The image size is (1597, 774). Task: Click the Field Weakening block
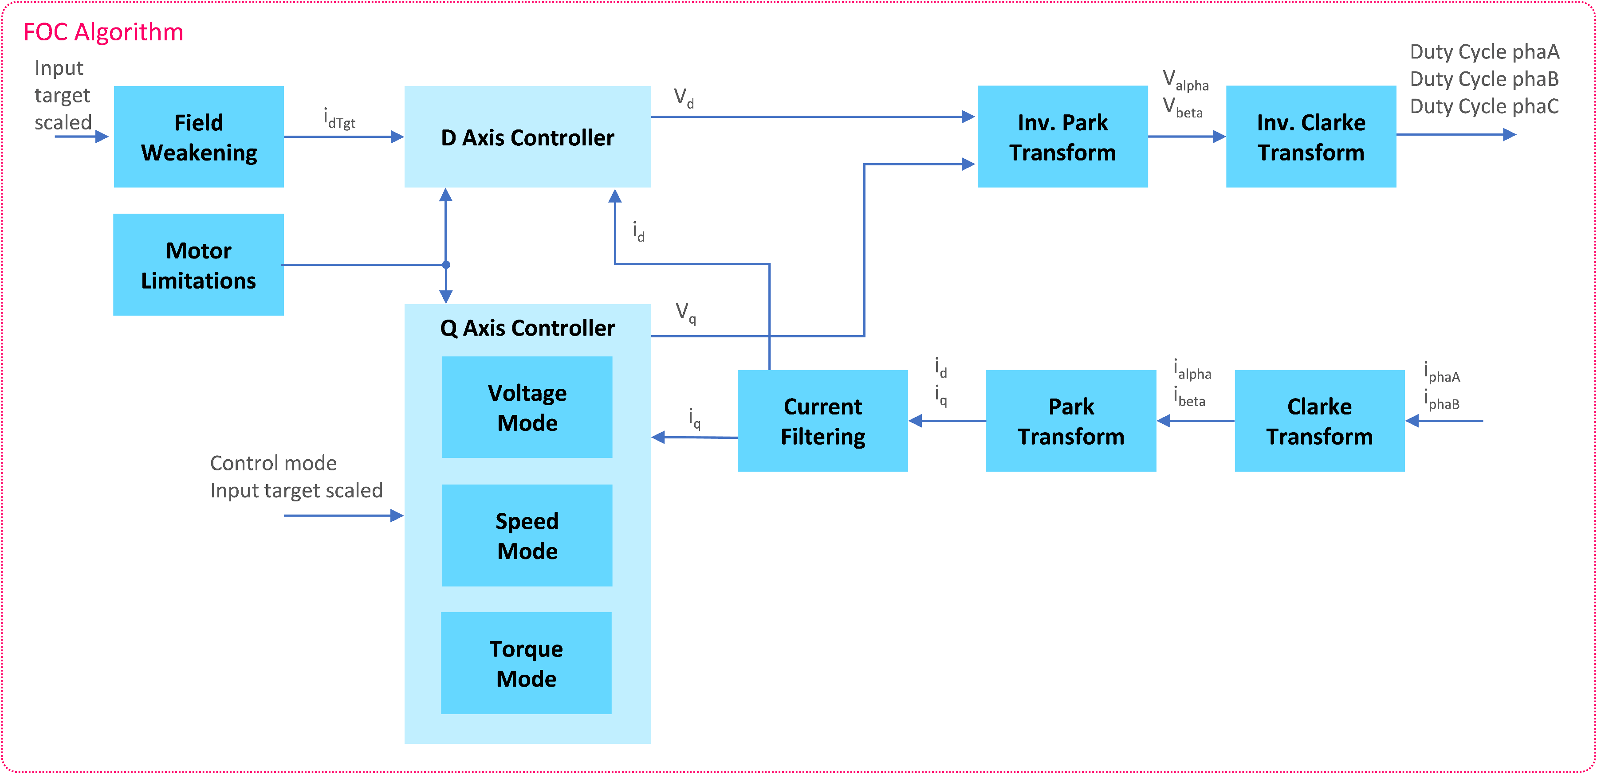click(x=198, y=137)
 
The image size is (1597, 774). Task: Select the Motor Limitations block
click(x=198, y=265)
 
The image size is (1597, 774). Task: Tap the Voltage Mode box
click(x=527, y=407)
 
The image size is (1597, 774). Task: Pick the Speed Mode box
click(x=527, y=536)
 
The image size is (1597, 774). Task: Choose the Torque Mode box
click(x=526, y=663)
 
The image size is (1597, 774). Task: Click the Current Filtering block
click(x=823, y=421)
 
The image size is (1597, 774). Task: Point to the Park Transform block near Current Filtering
click(x=1071, y=421)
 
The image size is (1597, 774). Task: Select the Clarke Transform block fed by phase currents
click(x=1319, y=421)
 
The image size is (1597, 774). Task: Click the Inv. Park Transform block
click(x=1062, y=137)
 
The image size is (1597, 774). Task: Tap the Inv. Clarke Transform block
click(x=1310, y=137)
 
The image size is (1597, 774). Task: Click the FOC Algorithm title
click(x=103, y=32)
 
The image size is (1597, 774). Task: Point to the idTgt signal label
click(x=339, y=118)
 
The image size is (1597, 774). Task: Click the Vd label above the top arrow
click(x=684, y=98)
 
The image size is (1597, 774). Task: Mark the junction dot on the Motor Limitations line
click(x=446, y=265)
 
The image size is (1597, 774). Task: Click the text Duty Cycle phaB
click(x=1484, y=79)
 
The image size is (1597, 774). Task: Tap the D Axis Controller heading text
click(x=527, y=137)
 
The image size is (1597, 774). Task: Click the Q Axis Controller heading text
click(x=527, y=328)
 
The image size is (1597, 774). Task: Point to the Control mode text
click(x=273, y=463)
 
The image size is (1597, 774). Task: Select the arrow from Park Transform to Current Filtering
click(x=947, y=421)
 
